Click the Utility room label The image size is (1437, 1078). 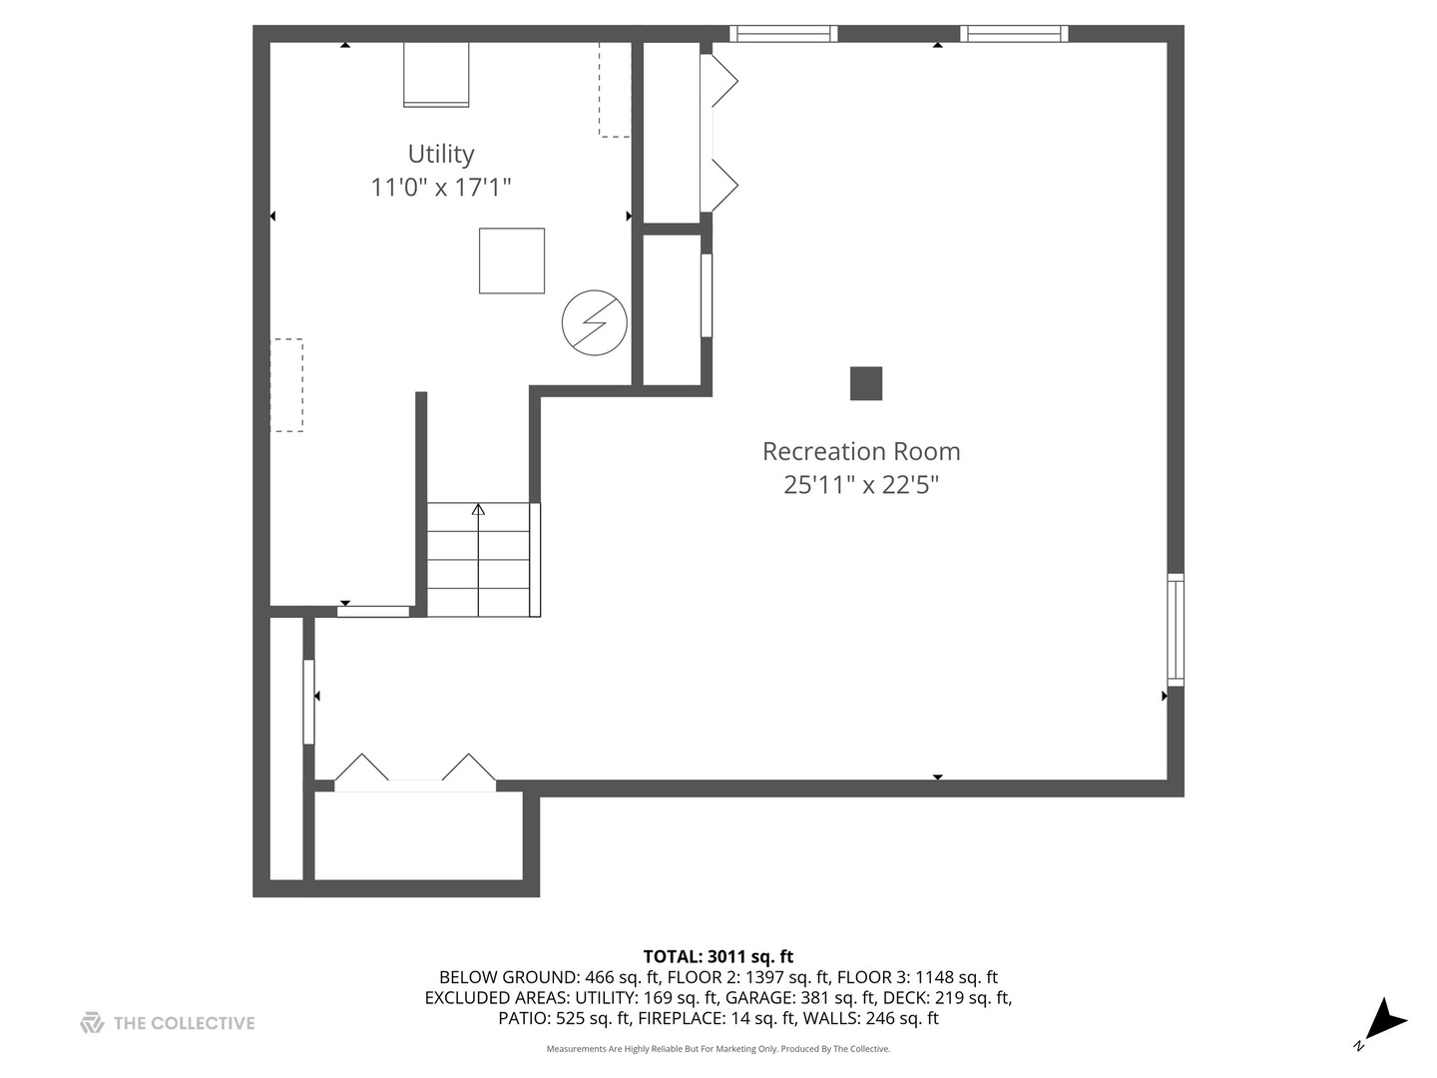(x=440, y=154)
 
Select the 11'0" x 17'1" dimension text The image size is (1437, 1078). (x=440, y=187)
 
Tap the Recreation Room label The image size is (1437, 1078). (x=861, y=451)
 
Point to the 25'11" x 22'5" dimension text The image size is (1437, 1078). (x=861, y=485)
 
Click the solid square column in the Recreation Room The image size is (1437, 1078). (x=866, y=383)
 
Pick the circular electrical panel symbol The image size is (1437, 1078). (x=594, y=323)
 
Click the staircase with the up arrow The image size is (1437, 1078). (x=479, y=559)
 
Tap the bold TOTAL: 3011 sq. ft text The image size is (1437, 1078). (x=718, y=956)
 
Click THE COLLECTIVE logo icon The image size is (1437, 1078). (x=92, y=1022)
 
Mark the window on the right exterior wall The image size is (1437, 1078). (x=1176, y=630)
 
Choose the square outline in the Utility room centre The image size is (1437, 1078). (x=512, y=261)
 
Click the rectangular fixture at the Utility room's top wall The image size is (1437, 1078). (x=436, y=74)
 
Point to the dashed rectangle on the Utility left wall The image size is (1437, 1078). (x=287, y=385)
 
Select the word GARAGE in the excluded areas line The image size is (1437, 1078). (x=759, y=997)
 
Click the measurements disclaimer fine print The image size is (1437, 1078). (x=718, y=1049)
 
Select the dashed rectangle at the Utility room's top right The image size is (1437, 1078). (x=615, y=90)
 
